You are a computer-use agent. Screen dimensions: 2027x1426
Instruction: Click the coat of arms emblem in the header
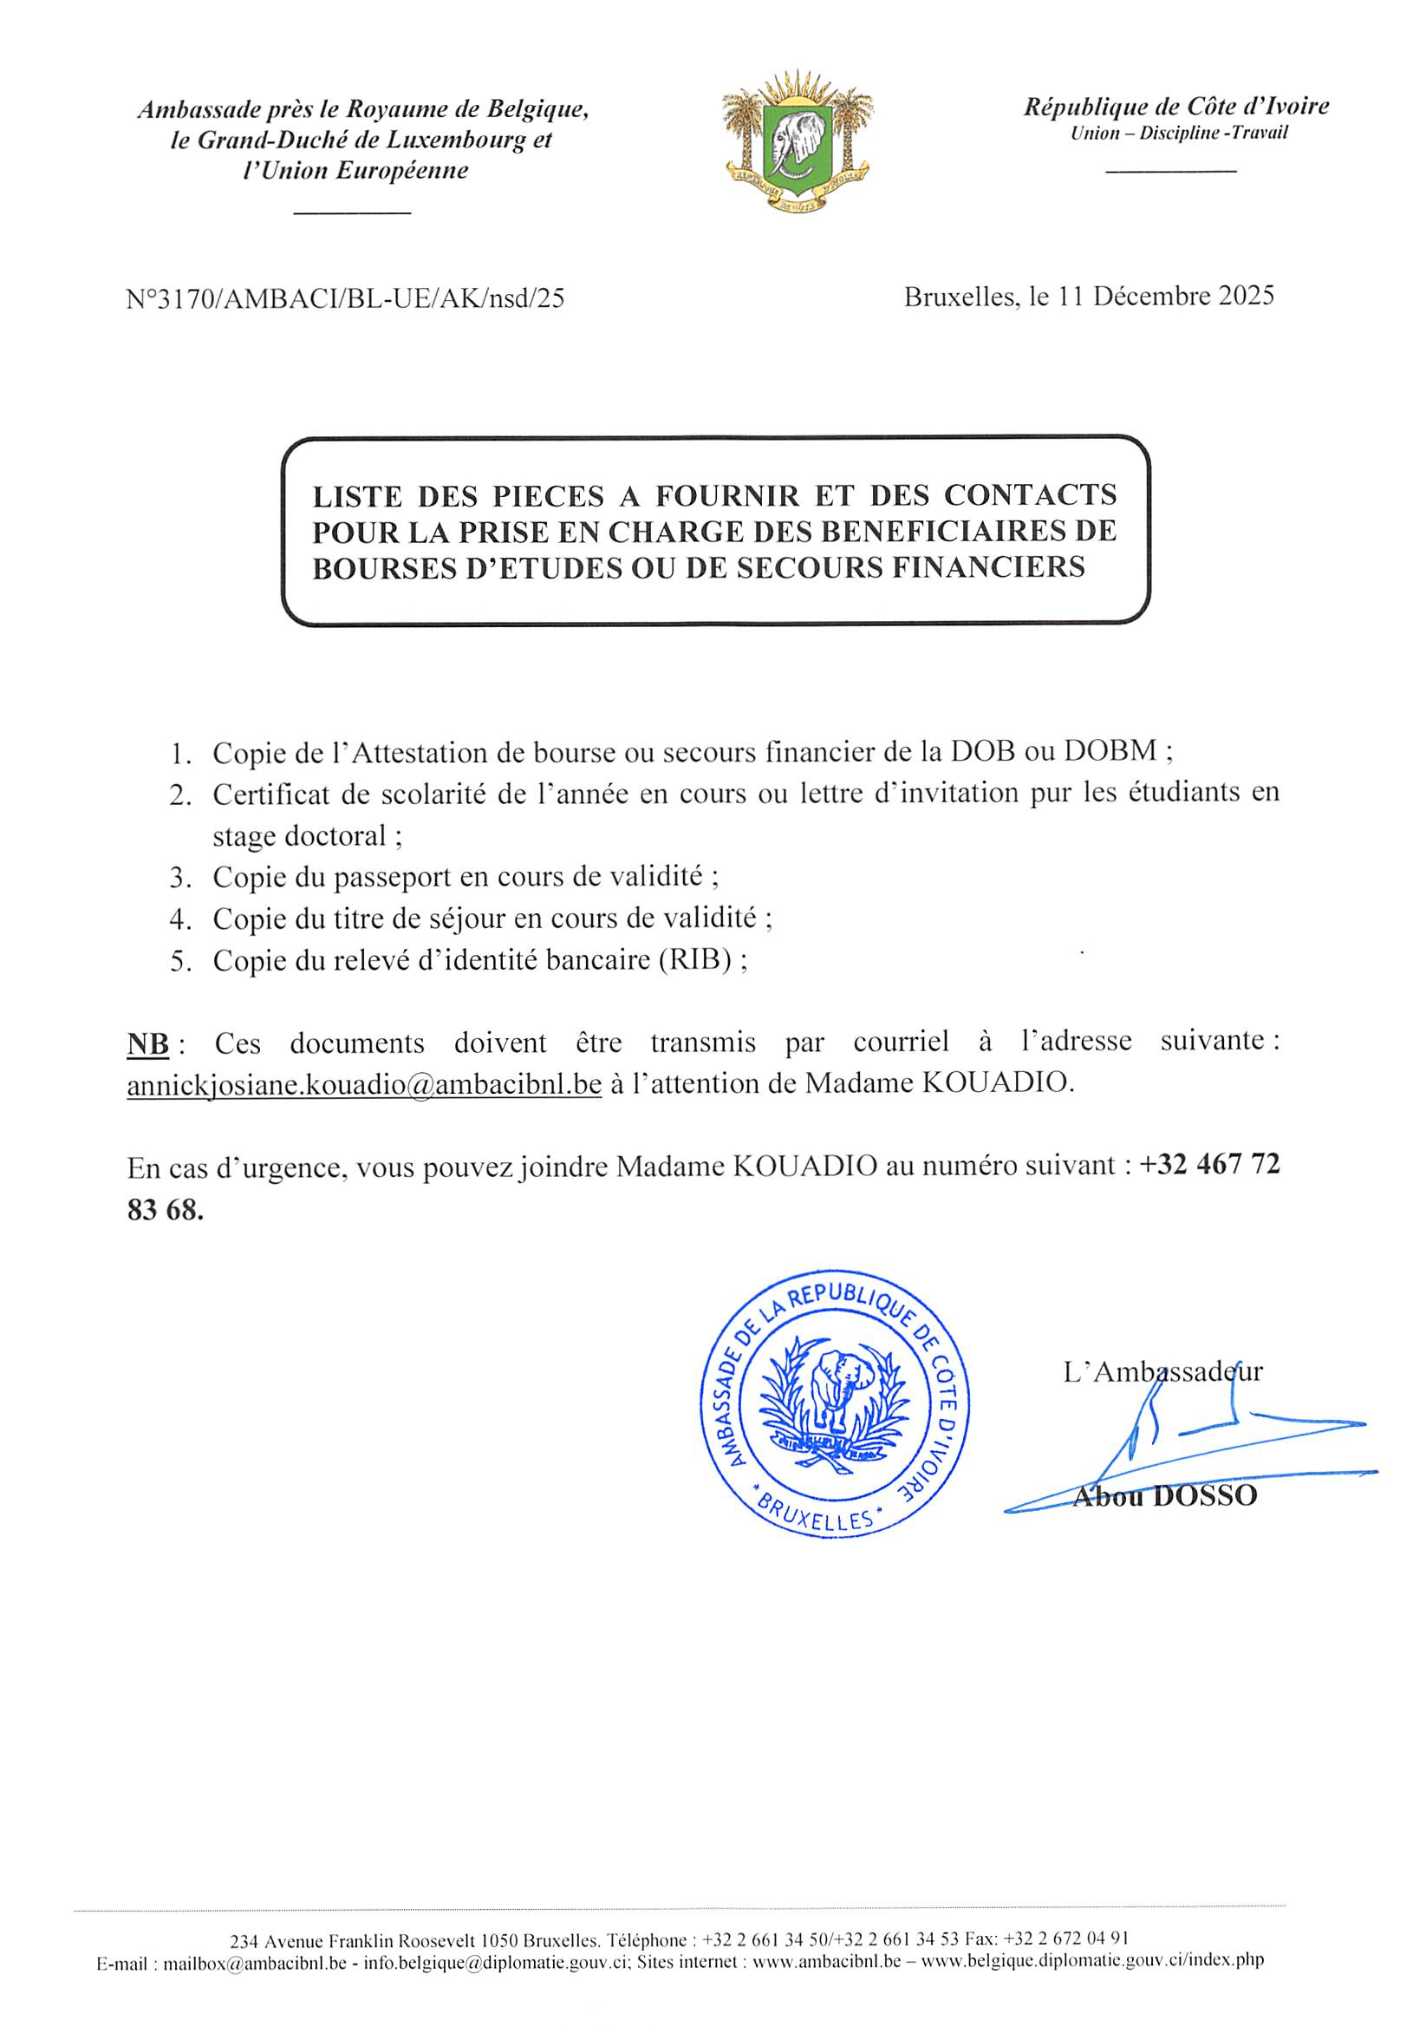pos(796,141)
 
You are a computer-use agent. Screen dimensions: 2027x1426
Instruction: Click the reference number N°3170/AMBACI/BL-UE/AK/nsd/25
pos(345,299)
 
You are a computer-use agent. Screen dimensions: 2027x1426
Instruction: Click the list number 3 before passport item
pos(181,878)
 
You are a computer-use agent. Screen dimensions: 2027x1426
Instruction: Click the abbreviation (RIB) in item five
pos(695,959)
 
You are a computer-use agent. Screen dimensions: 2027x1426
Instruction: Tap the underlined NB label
pos(147,1043)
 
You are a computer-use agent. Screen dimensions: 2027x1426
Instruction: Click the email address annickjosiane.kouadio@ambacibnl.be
pos(363,1084)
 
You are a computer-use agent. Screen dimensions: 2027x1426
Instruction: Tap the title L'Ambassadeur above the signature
pos(1162,1371)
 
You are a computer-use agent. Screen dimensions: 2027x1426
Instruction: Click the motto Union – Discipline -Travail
pos(1179,134)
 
